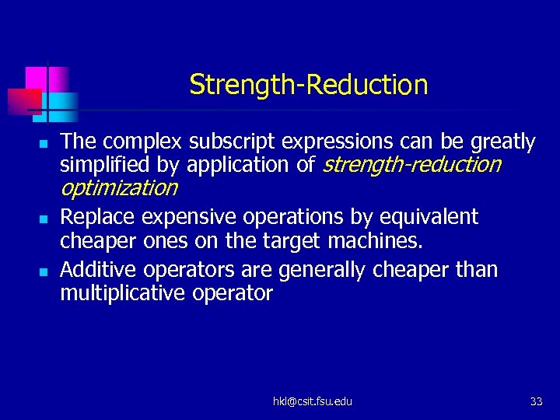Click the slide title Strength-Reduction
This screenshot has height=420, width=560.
308,84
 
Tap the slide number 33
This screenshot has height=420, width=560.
536,401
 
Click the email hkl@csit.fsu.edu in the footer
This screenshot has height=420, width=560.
312,401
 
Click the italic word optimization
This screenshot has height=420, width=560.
119,187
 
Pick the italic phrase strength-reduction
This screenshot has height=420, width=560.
411,165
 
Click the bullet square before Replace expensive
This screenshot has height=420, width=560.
44,219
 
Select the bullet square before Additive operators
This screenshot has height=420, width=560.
44,272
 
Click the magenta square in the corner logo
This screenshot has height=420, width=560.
37,79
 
